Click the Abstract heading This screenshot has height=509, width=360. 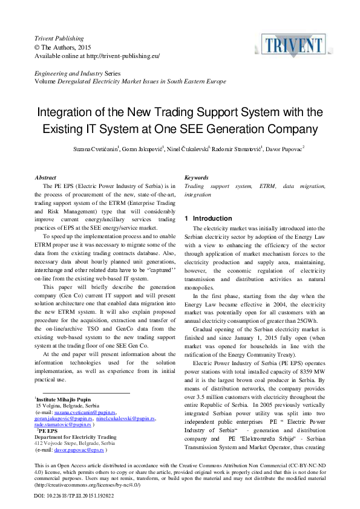pos(46,178)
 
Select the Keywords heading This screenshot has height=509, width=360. pos(197,178)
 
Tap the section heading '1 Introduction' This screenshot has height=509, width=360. pos(208,218)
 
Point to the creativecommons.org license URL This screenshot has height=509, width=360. pos(88,485)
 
